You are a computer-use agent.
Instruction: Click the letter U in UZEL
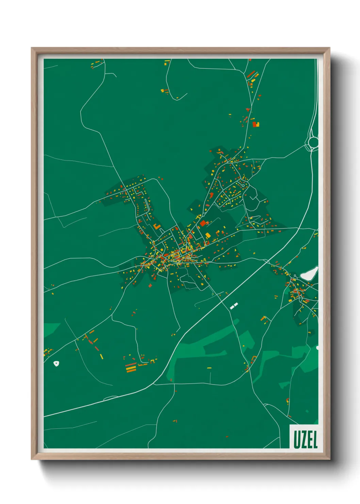[x=297, y=440]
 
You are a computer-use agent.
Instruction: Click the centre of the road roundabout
[x=313, y=142]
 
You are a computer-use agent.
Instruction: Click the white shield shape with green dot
[x=56, y=363]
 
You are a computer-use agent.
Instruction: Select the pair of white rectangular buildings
[x=234, y=305]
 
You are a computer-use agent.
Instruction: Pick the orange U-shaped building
[x=156, y=227]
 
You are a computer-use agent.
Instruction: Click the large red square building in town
[x=203, y=223]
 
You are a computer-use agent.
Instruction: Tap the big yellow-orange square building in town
[x=208, y=235]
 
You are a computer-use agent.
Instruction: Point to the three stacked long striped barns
[x=131, y=368]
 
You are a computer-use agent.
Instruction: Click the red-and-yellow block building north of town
[x=256, y=124]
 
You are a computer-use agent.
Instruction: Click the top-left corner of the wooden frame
[x=32, y=48]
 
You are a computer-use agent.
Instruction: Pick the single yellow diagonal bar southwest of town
[x=101, y=356]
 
